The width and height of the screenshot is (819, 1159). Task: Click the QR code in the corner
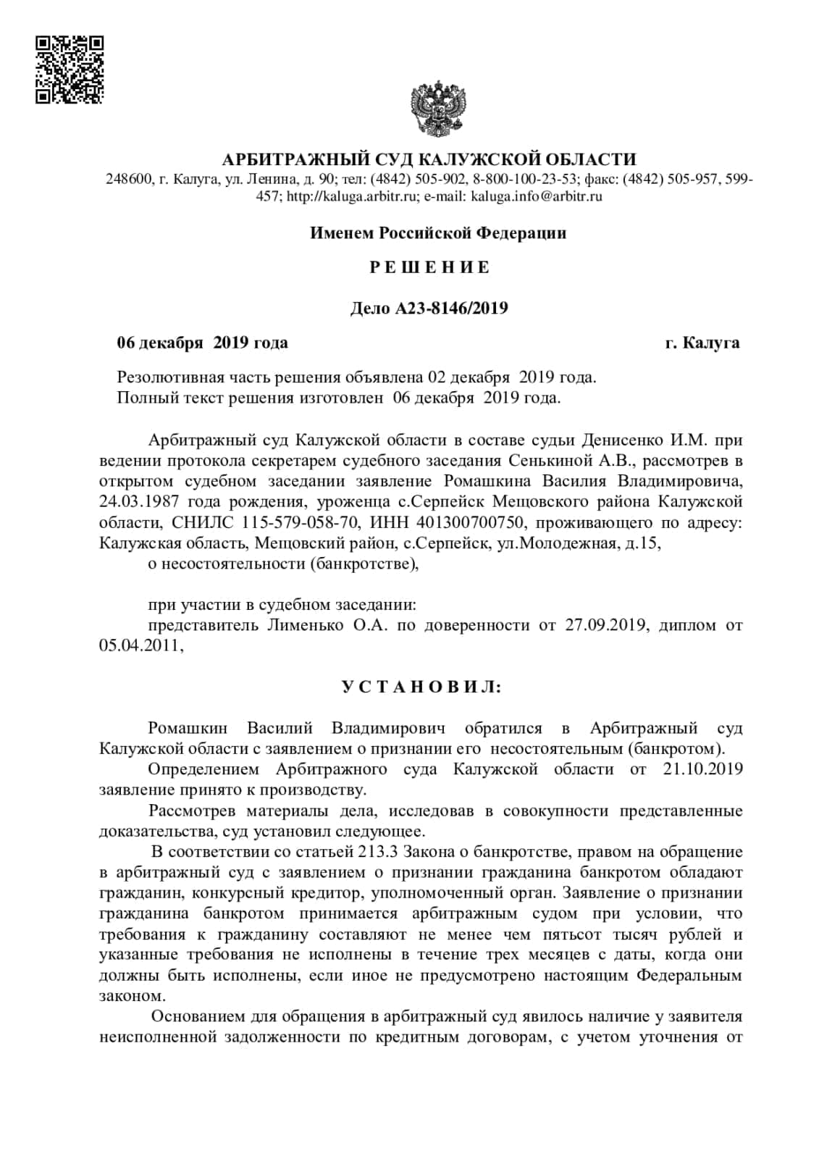coord(70,70)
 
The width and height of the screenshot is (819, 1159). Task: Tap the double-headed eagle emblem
coord(438,108)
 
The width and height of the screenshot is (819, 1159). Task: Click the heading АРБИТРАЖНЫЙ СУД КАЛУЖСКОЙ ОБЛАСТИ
coord(429,159)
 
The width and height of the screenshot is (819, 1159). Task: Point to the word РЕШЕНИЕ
coord(429,267)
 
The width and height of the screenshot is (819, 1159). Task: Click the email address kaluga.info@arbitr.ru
coord(537,196)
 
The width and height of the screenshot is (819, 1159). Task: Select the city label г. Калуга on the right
coord(702,343)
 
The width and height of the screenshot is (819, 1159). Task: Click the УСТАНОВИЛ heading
coord(421,687)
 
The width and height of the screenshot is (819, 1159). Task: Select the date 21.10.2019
coord(702,769)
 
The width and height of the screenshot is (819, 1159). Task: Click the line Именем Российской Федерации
coord(438,233)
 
